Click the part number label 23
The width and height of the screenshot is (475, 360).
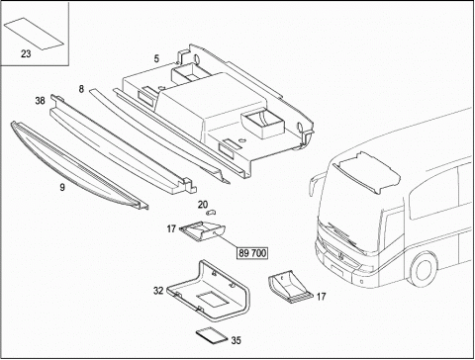point(26,53)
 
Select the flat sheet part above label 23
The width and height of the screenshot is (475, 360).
point(34,34)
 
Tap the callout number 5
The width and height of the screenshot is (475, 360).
point(156,58)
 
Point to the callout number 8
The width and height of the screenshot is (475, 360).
point(81,89)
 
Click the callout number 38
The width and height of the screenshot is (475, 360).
point(40,101)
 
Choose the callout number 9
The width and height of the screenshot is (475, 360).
point(62,188)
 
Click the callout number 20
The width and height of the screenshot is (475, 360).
point(203,205)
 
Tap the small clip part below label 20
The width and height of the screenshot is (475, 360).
point(211,213)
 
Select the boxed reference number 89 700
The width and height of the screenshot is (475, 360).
point(252,253)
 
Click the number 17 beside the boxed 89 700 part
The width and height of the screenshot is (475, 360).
point(171,228)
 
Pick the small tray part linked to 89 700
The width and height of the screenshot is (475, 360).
point(203,232)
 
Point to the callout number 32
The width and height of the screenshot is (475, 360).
point(158,291)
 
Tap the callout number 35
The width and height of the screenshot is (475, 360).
point(236,340)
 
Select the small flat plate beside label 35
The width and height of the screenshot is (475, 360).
point(212,336)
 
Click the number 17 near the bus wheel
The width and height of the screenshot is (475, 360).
point(321,297)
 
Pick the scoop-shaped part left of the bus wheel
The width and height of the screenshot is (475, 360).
point(290,286)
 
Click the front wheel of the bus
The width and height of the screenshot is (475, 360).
point(425,270)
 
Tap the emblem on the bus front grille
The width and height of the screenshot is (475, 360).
point(342,257)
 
